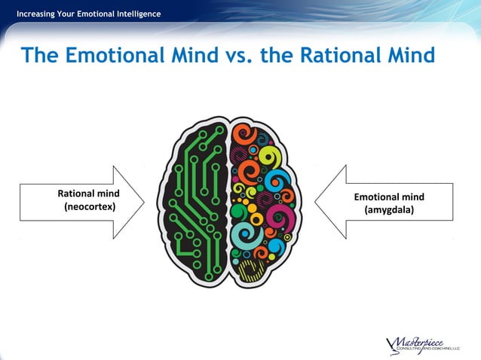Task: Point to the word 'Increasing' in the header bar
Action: [38, 14]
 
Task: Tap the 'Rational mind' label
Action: [89, 193]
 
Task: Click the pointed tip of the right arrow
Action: [315, 201]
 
